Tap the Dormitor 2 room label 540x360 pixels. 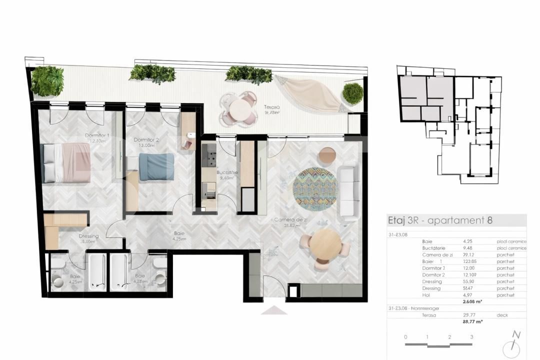pos(145,140)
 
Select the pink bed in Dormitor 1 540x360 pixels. pos(66,162)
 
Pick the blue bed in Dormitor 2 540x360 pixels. pos(156,166)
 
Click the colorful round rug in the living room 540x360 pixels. pos(315,188)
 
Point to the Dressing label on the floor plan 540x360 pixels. pos(88,236)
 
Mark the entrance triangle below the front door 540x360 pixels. pos(274,310)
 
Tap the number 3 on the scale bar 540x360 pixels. pos(471,337)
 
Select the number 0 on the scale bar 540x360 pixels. pos(405,337)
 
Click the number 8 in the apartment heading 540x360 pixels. pos(490,220)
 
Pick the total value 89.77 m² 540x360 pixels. pos(472,321)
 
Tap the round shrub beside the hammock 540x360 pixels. pos(353,93)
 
